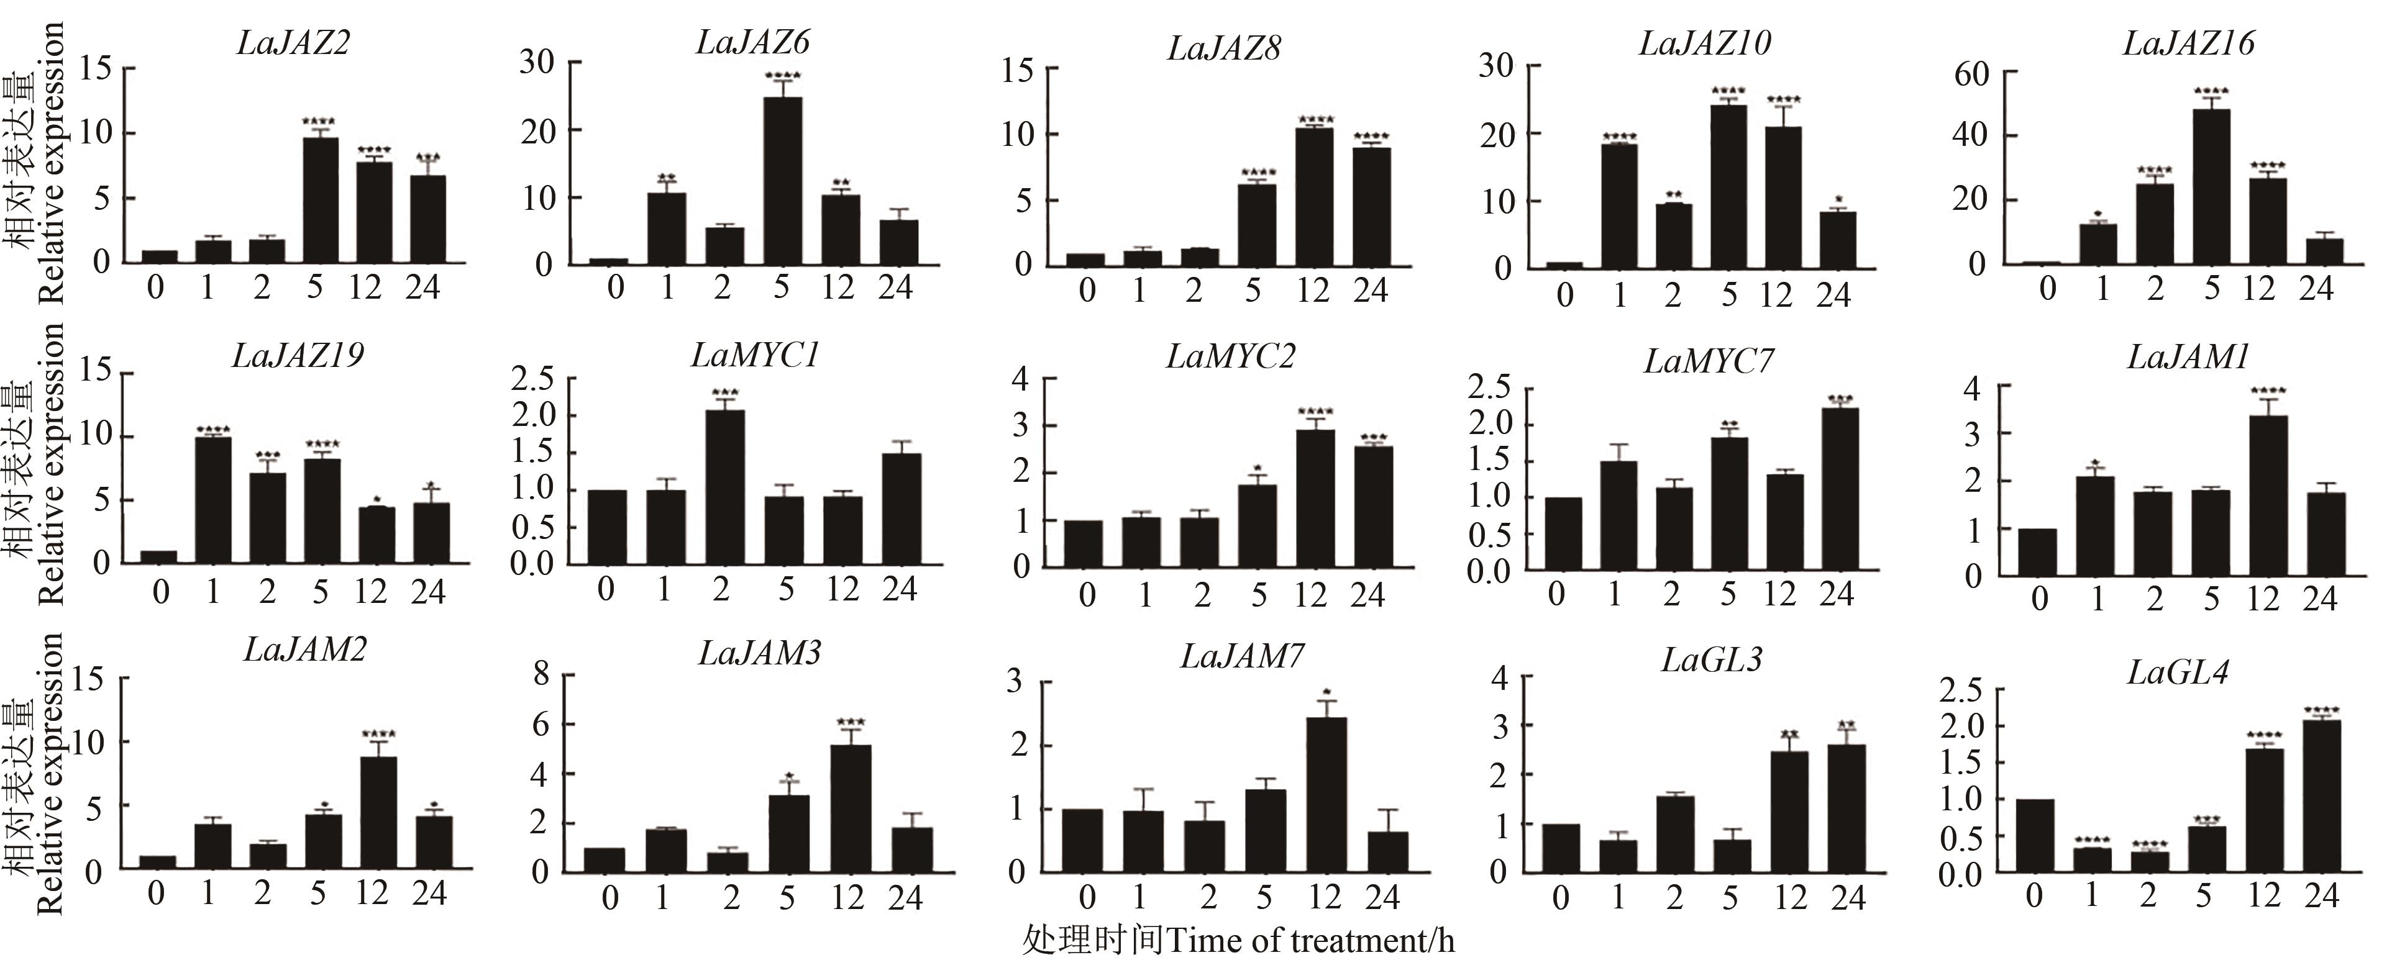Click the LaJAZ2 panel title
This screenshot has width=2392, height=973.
tap(293, 43)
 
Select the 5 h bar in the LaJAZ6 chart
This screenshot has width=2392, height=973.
tap(783, 181)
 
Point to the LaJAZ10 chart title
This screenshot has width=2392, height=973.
tap(1705, 43)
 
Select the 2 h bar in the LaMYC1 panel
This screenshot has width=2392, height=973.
tap(724, 487)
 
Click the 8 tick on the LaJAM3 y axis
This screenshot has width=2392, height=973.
tap(541, 675)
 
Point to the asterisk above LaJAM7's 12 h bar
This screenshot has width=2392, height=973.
tap(1328, 692)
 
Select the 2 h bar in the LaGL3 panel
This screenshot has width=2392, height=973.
tap(1674, 834)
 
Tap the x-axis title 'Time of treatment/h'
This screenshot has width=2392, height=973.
tap(1309, 941)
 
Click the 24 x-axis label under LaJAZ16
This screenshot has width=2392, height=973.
tap(2316, 289)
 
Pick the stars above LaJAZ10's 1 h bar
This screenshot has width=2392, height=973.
tap(1620, 137)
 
